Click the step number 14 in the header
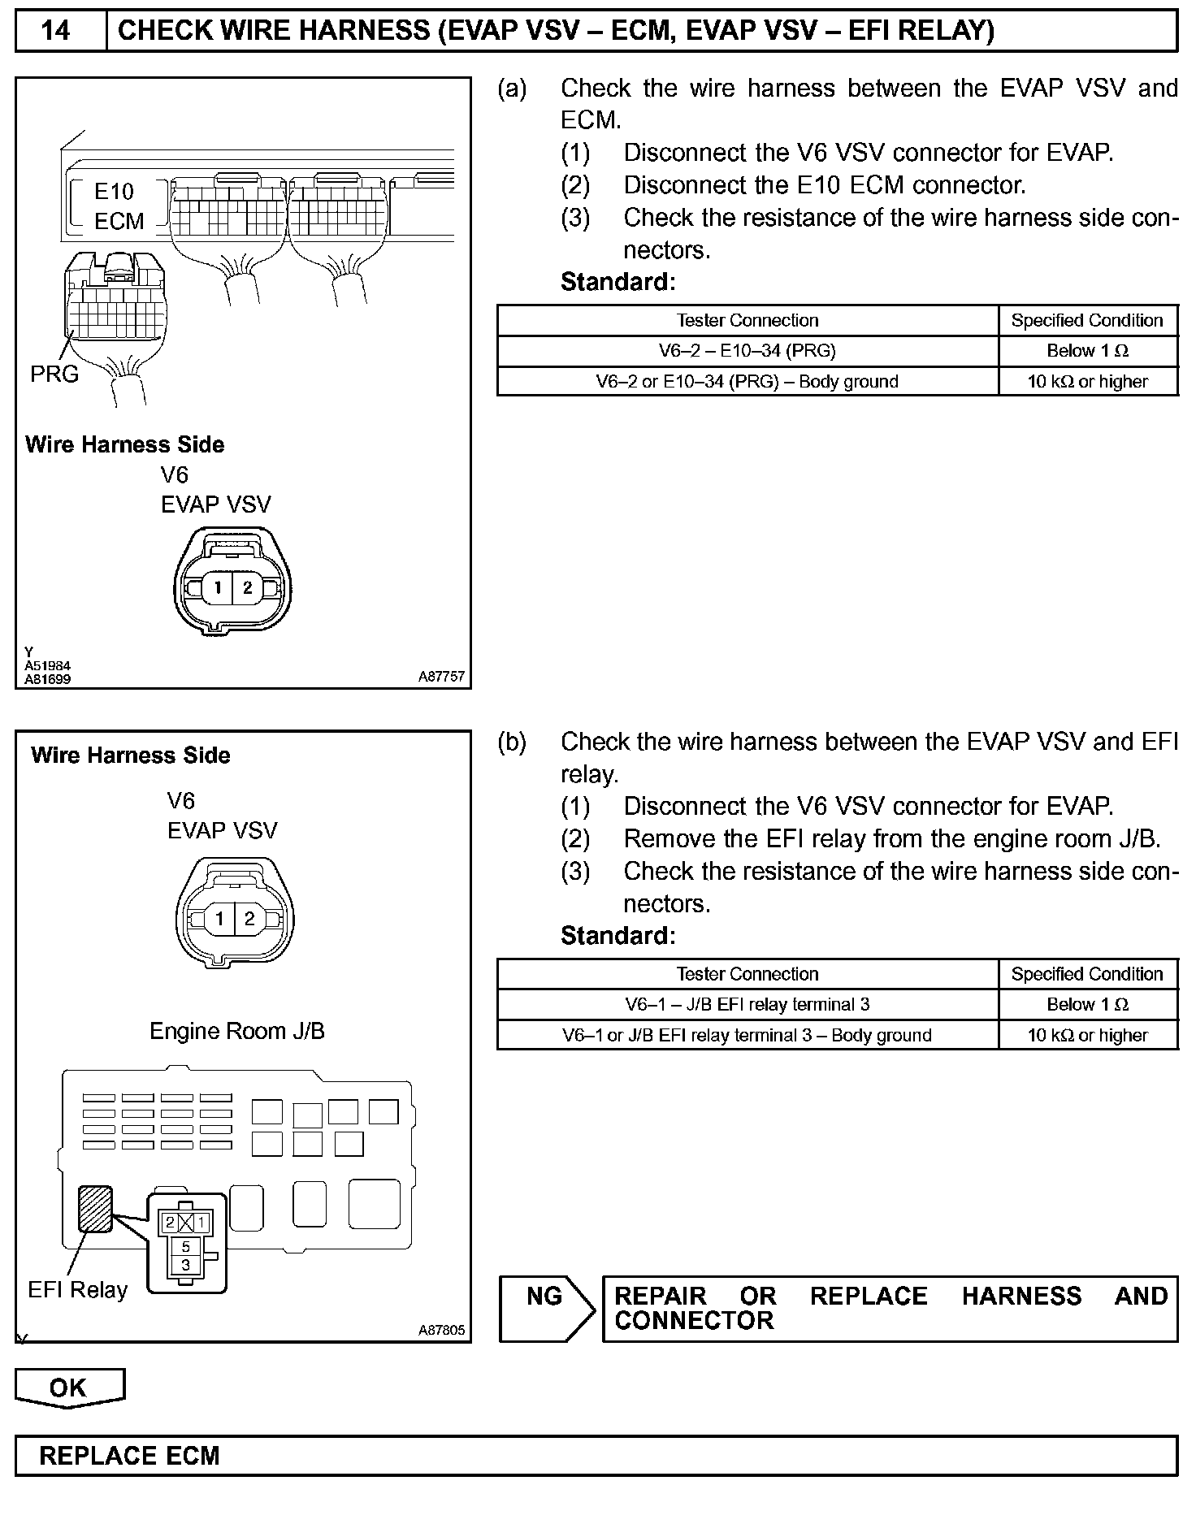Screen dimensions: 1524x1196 [x=56, y=31]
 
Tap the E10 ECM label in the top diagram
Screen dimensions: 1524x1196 [x=118, y=206]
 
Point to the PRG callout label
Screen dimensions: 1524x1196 [x=54, y=374]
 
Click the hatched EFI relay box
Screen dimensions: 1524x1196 [x=95, y=1209]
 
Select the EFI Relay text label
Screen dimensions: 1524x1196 [x=78, y=1290]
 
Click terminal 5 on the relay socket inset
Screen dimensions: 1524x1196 [x=186, y=1246]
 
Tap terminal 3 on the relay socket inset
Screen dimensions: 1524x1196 [x=186, y=1265]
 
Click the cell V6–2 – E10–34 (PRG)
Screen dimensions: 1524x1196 [x=747, y=351]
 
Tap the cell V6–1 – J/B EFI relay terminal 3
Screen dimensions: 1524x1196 [x=747, y=1004]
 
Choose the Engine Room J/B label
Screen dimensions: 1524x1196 [x=237, y=1031]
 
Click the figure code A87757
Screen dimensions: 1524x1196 [x=442, y=676]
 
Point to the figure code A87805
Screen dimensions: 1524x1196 [x=442, y=1330]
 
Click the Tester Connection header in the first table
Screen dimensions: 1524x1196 [x=747, y=320]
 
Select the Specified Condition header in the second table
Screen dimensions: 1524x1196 [x=1087, y=974]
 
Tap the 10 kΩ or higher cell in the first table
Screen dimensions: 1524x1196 [x=1087, y=382]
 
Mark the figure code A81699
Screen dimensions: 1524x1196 [x=48, y=678]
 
